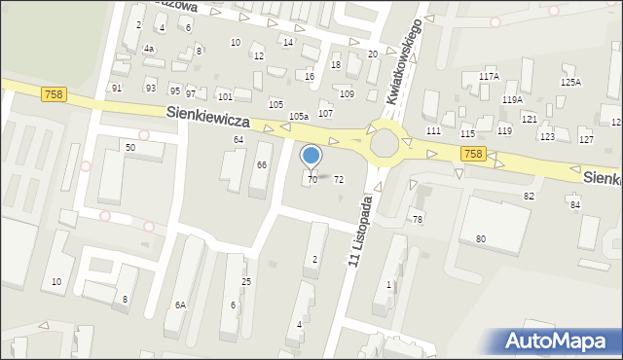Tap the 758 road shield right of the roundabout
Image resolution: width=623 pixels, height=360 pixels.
coord(473,155)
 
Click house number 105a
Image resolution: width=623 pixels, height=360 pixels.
coord(299,117)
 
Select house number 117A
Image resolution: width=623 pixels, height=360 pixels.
coord(489,77)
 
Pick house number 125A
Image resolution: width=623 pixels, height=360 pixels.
coord(569,83)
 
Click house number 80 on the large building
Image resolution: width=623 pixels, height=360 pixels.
coord(480,238)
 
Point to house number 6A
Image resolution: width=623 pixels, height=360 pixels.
coord(180,305)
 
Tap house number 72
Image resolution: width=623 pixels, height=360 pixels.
coord(339,180)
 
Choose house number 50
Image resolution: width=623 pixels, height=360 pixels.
coord(129,147)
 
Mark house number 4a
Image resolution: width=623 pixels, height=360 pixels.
coord(148,49)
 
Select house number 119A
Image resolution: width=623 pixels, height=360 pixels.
coord(512,100)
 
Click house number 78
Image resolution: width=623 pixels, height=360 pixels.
coord(417,220)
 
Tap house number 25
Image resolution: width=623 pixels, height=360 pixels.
coord(246,282)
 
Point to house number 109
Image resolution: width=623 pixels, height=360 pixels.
coord(348,93)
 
